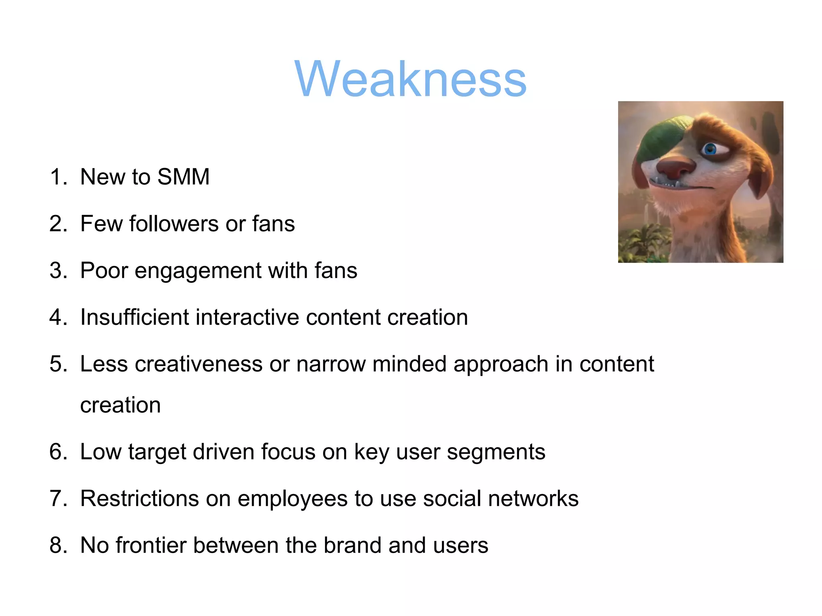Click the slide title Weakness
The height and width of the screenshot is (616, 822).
pos(410,79)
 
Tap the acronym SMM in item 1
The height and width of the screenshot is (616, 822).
pos(183,177)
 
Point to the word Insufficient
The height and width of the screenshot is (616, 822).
pos(134,317)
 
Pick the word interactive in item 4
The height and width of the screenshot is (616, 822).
pos(247,317)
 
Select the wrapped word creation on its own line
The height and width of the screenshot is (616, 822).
pos(120,405)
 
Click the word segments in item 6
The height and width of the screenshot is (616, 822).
pos(496,452)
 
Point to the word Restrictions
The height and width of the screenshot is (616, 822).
pos(140,498)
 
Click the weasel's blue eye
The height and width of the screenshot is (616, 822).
pos(710,150)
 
